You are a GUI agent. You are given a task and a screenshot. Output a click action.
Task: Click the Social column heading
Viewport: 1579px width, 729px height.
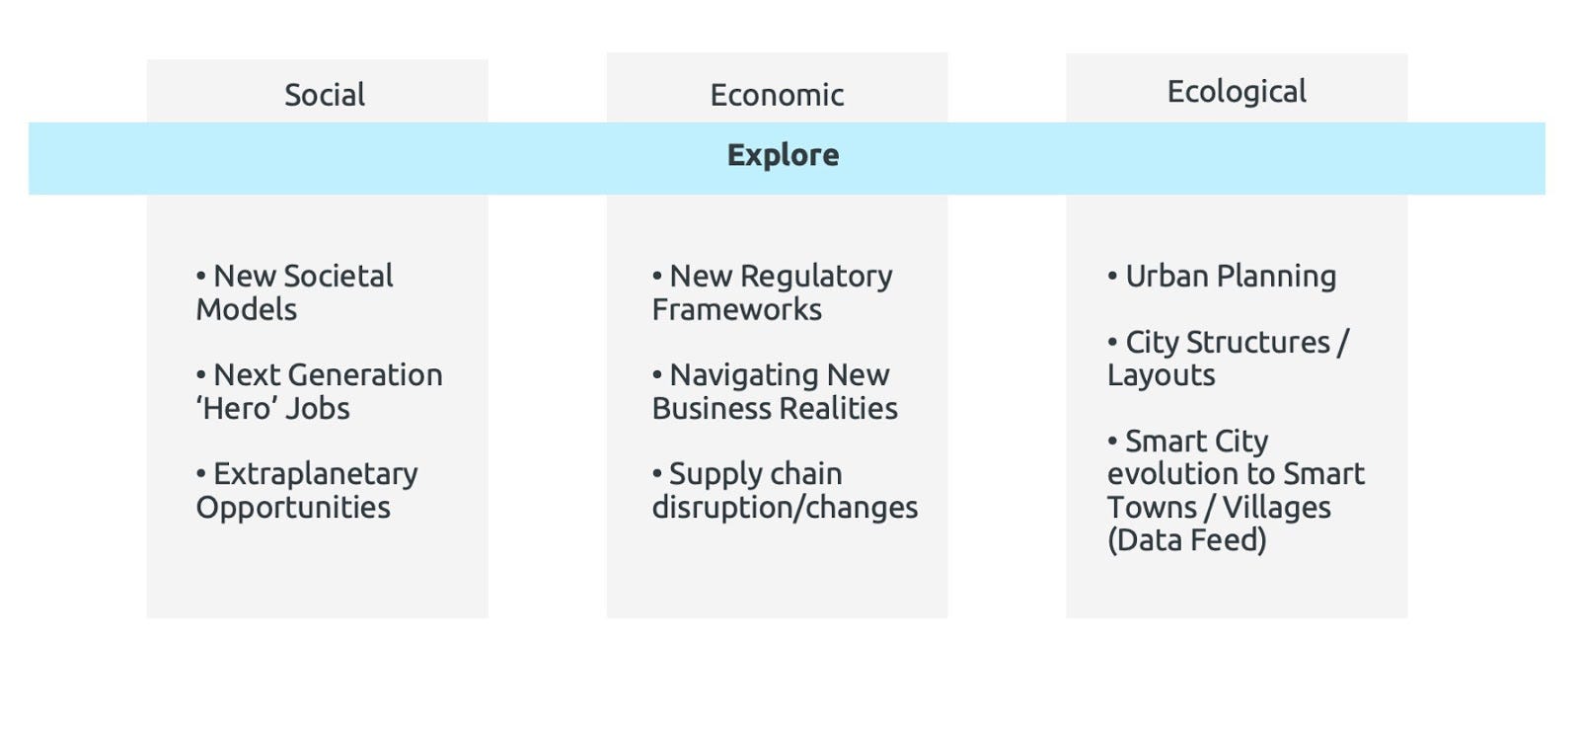[325, 95]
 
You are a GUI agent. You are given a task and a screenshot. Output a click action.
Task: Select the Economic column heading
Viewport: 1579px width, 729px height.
[777, 95]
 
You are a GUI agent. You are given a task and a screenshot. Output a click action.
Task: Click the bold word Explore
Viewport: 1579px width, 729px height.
[784, 155]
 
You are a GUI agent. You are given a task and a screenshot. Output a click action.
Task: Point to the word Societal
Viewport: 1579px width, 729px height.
[339, 276]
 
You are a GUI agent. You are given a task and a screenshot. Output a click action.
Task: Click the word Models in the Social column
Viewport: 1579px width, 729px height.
[246, 309]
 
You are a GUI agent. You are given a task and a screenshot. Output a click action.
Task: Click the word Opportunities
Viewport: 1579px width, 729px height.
[292, 508]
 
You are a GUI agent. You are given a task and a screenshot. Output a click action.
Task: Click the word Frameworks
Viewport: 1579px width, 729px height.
[736, 309]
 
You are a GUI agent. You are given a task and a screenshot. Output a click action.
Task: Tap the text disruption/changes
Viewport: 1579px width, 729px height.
[785, 508]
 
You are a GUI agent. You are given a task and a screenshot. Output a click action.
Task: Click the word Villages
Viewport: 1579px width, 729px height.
[1277, 508]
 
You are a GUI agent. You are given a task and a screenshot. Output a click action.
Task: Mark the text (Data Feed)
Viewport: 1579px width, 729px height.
[1186, 540]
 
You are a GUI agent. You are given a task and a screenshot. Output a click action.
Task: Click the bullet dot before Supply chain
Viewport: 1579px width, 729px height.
[657, 473]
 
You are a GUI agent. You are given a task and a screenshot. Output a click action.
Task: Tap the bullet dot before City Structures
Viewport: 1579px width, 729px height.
[1112, 342]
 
